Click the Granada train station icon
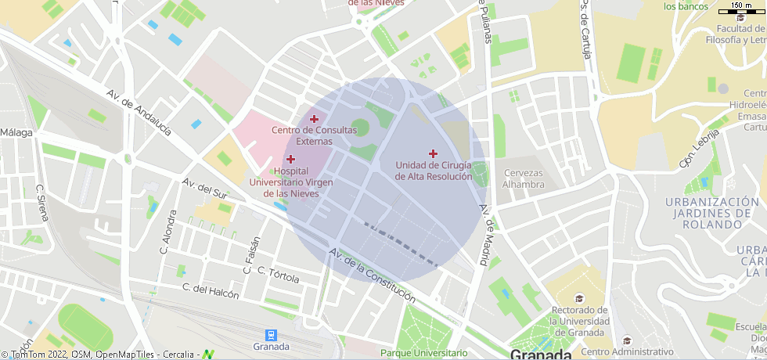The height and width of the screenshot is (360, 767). coord(271,334)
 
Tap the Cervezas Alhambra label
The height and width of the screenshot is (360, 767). coord(524,178)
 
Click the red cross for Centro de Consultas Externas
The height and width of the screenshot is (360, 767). coord(314,119)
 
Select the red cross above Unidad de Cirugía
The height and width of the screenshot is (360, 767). coord(433,153)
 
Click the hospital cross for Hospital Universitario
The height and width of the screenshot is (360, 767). coord(290,159)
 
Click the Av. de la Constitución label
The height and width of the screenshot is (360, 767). coord(372,275)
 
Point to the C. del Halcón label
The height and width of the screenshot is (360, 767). coord(210,289)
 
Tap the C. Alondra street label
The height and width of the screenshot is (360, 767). coord(168,235)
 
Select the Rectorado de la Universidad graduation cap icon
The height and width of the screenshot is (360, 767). coord(579,298)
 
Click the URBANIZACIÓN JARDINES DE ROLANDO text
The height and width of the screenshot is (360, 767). coord(712,213)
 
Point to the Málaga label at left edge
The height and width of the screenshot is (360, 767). coord(16,132)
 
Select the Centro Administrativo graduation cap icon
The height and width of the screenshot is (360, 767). coord(627,340)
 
